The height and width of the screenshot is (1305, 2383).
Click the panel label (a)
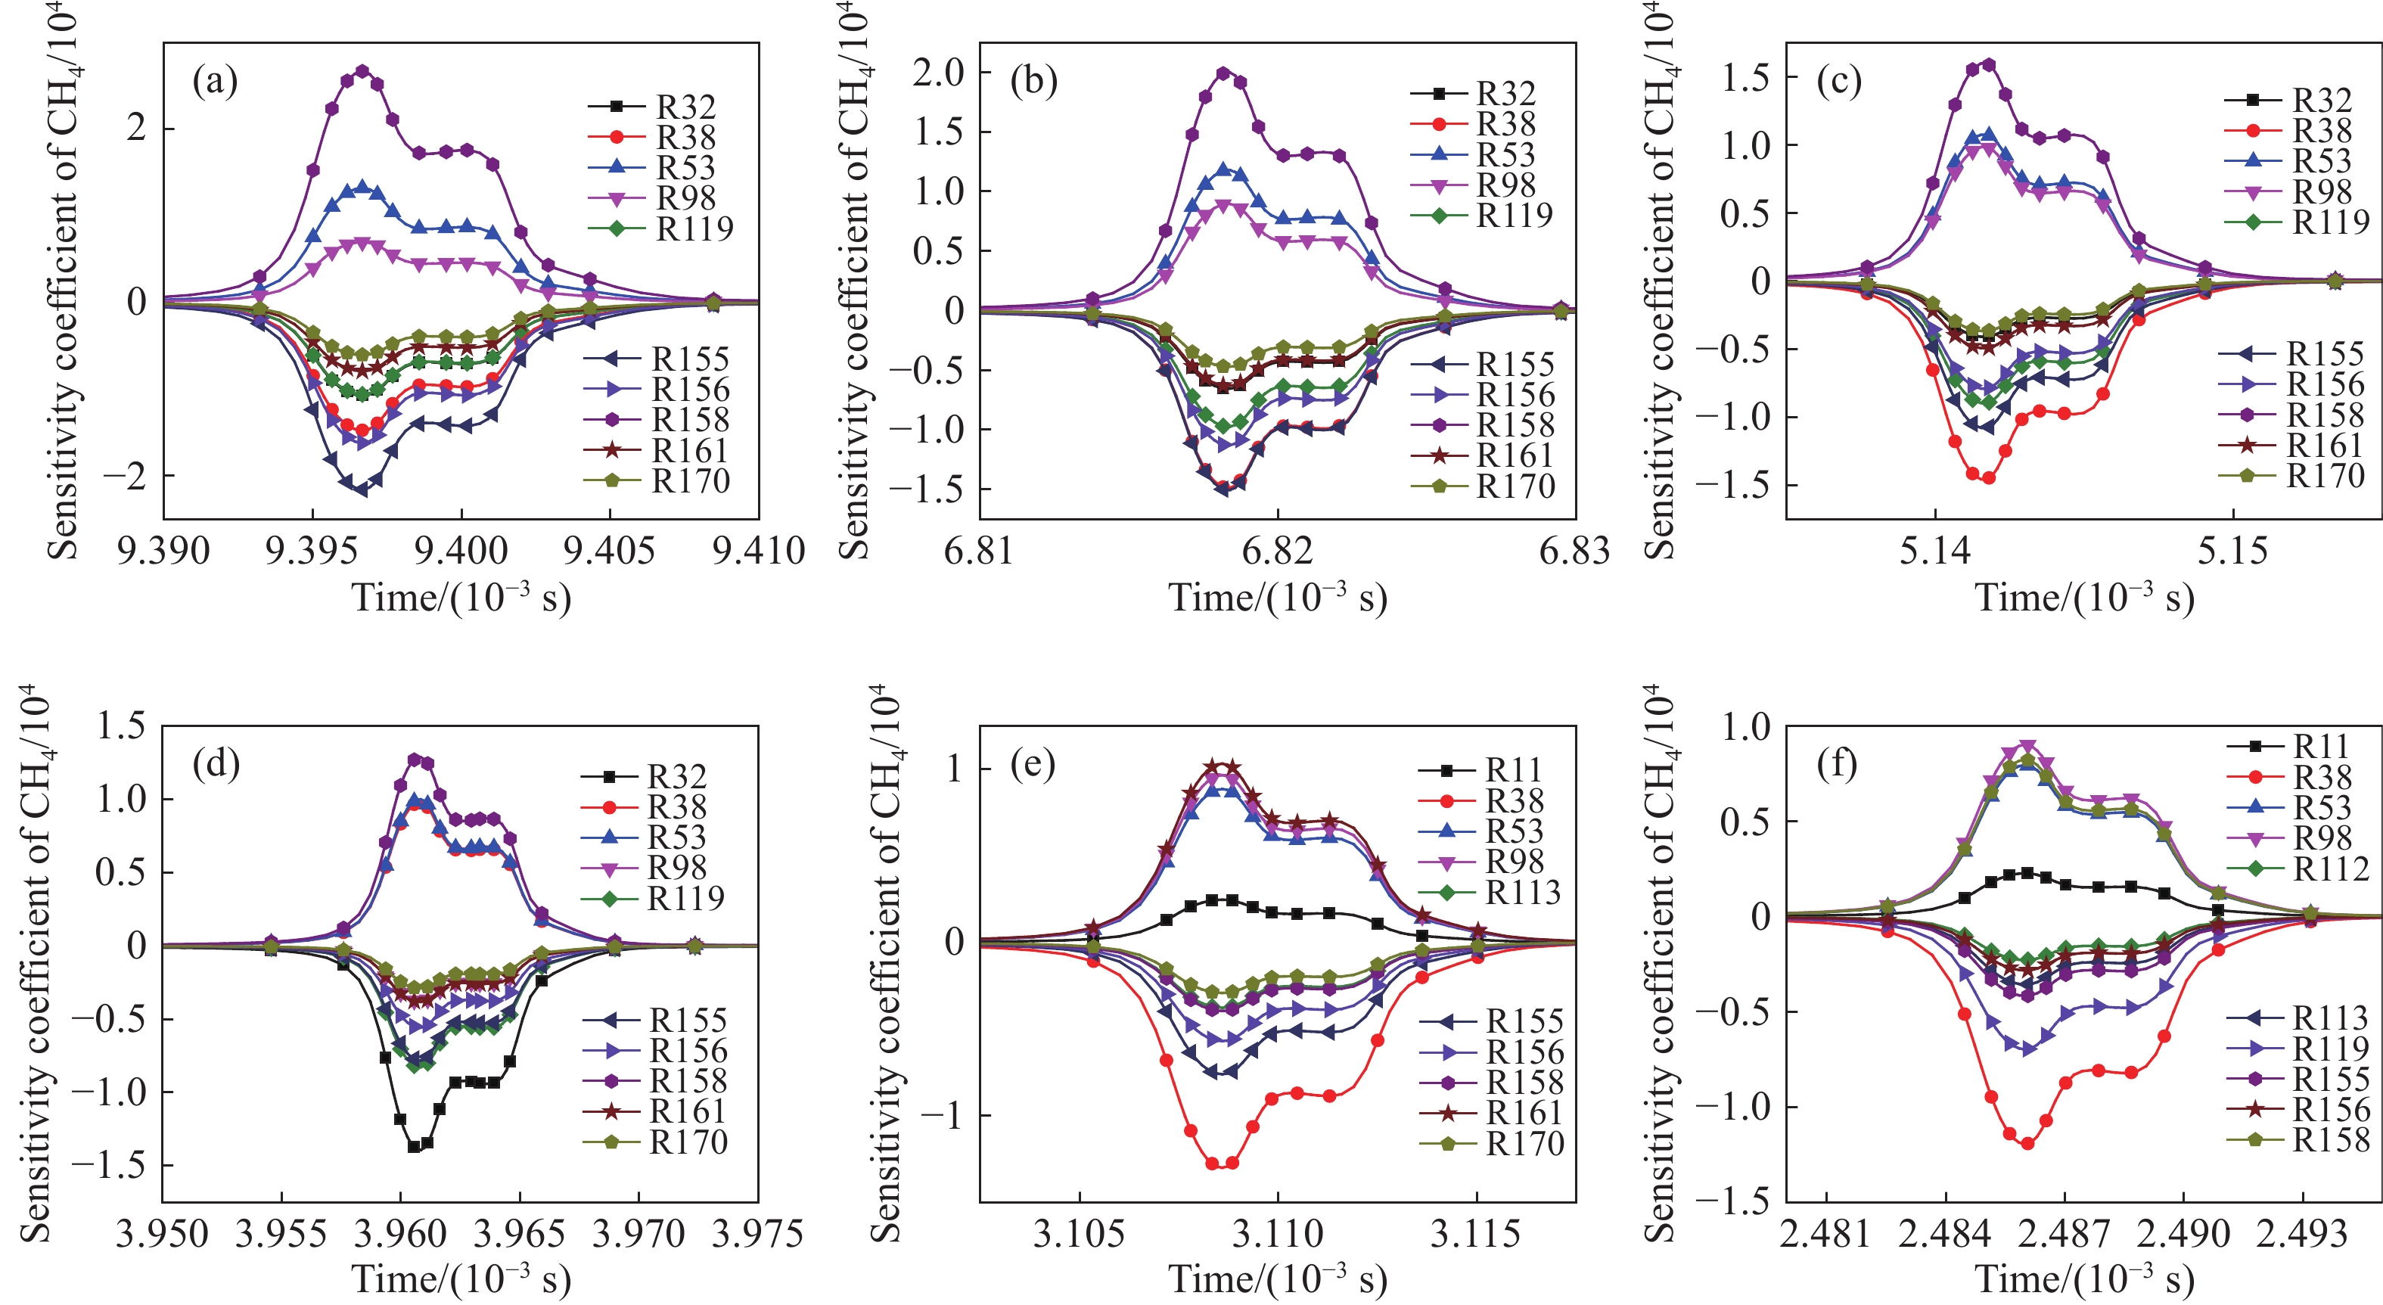[x=215, y=82]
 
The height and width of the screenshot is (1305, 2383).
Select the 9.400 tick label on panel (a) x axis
[x=461, y=552]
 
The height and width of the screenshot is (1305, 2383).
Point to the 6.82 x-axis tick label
[x=1277, y=552]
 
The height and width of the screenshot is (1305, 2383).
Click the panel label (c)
[x=1839, y=82]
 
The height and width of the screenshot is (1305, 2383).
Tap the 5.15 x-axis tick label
[x=2232, y=552]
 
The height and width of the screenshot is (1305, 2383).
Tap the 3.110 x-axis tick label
[x=1277, y=1234]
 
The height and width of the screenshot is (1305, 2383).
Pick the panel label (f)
[x=1838, y=765]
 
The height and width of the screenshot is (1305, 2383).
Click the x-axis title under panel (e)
[x=1277, y=1280]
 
